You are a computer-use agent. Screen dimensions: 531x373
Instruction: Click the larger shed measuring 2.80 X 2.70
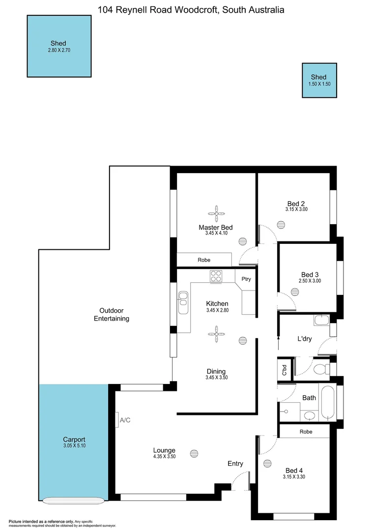59,46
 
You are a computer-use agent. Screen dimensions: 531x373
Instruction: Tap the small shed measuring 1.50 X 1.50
319,80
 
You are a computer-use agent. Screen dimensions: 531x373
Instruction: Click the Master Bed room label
215,227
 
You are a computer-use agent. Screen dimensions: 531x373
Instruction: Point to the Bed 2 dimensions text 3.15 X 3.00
296,209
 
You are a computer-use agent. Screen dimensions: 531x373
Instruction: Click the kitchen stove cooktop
216,276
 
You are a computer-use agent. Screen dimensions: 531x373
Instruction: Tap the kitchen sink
183,302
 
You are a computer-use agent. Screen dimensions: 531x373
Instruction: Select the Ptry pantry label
246,279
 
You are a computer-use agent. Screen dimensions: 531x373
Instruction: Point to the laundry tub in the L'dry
321,321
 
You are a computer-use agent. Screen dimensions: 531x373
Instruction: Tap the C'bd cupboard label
285,370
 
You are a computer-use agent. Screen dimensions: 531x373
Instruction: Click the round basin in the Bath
310,416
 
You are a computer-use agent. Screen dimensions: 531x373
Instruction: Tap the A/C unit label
124,419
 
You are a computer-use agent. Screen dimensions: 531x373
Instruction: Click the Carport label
74,440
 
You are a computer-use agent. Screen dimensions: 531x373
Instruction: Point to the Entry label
235,463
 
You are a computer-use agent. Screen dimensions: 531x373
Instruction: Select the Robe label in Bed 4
304,431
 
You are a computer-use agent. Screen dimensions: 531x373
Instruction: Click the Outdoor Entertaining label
112,314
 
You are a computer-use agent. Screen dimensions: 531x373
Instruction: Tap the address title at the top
191,9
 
